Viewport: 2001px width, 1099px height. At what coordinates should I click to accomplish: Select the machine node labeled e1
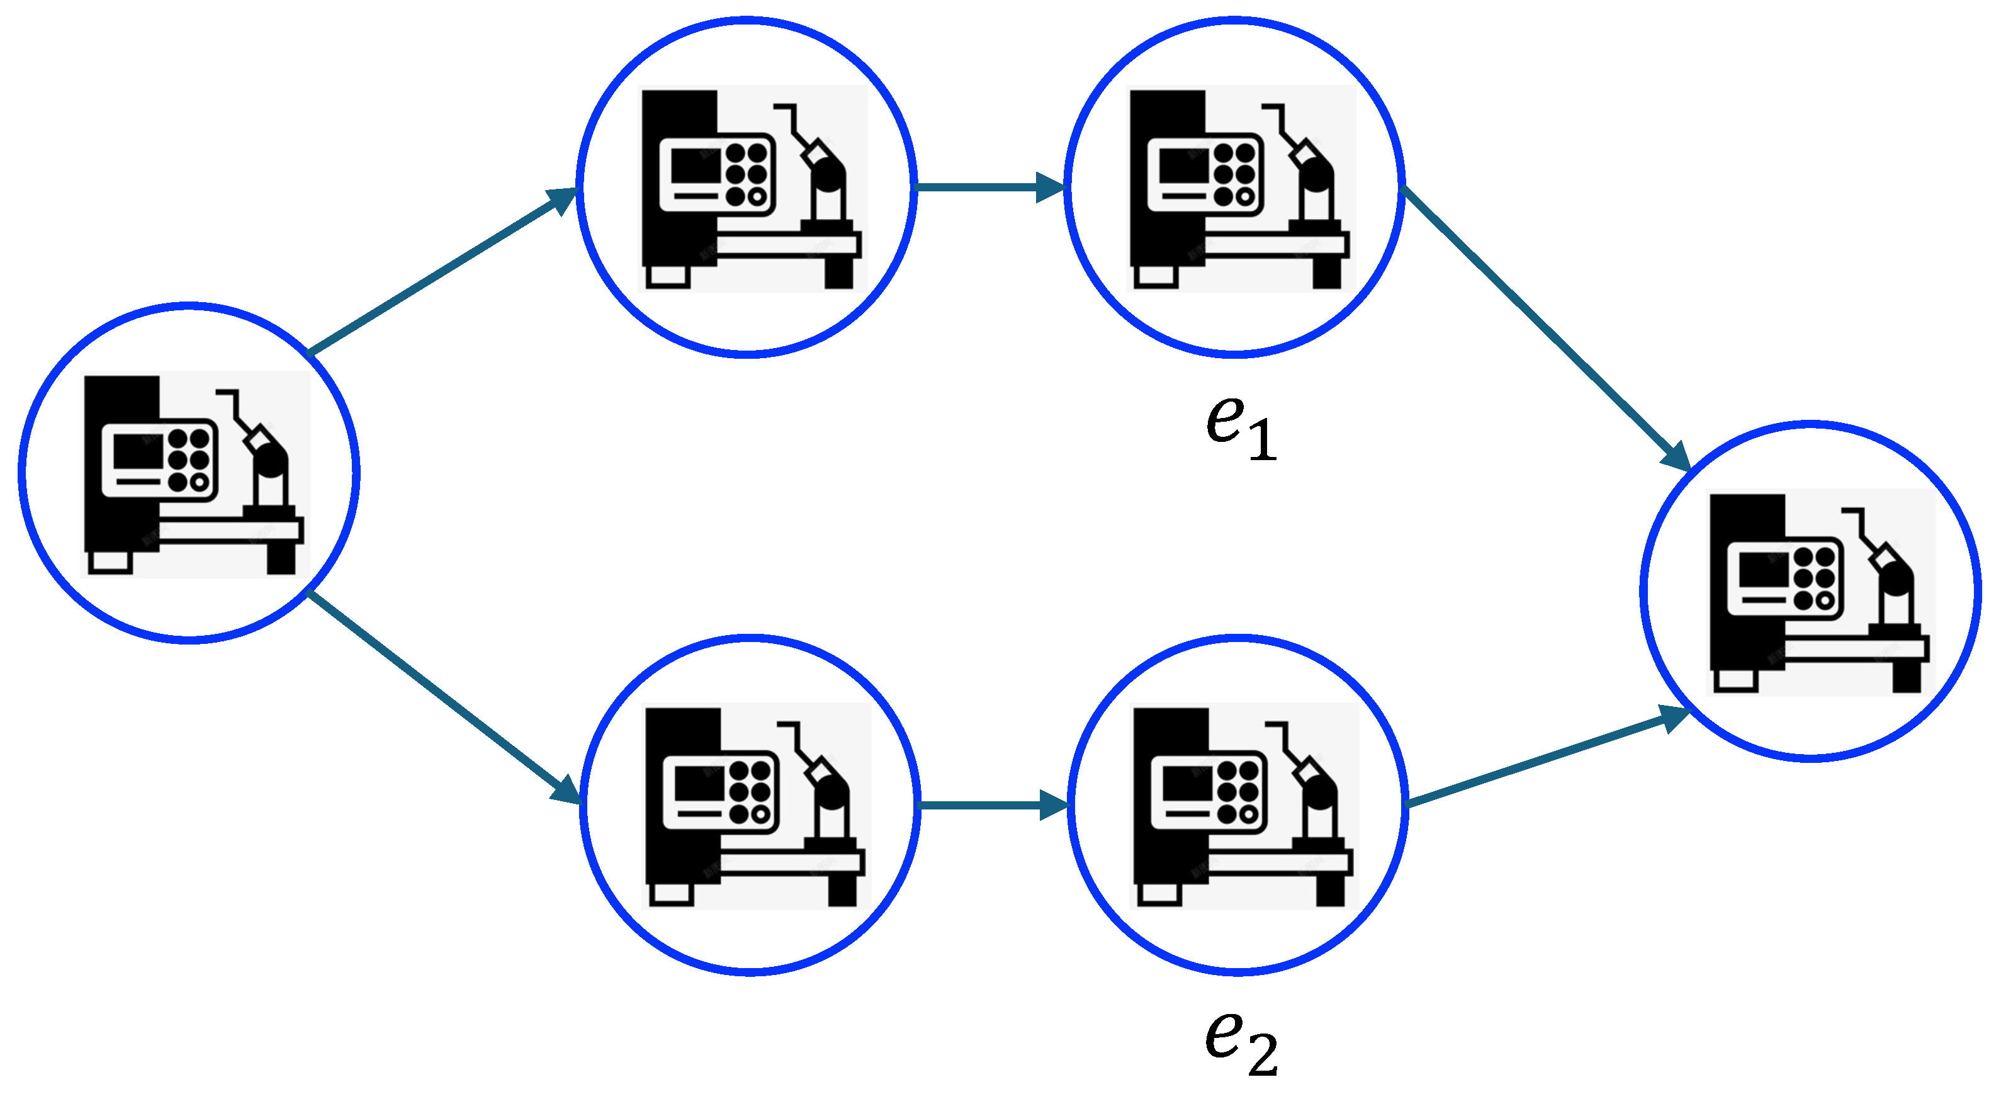pyautogui.click(x=1234, y=187)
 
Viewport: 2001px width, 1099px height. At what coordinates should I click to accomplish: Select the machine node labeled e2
pyautogui.click(x=1238, y=804)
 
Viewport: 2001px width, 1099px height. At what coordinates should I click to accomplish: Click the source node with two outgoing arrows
pyautogui.click(x=189, y=472)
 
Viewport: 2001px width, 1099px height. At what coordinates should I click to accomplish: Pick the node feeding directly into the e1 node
pyautogui.click(x=747, y=187)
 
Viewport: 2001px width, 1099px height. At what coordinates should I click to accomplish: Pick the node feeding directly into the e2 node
pyautogui.click(x=750, y=804)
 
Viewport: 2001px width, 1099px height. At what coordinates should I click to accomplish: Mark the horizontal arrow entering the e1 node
pyautogui.click(x=990, y=187)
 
